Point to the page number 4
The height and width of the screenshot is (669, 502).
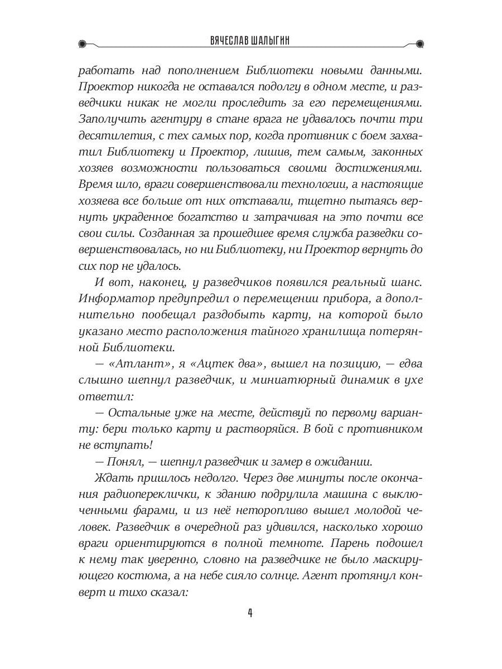tap(250, 613)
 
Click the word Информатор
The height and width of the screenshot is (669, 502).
tap(119, 298)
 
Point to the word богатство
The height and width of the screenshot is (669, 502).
tap(209, 216)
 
